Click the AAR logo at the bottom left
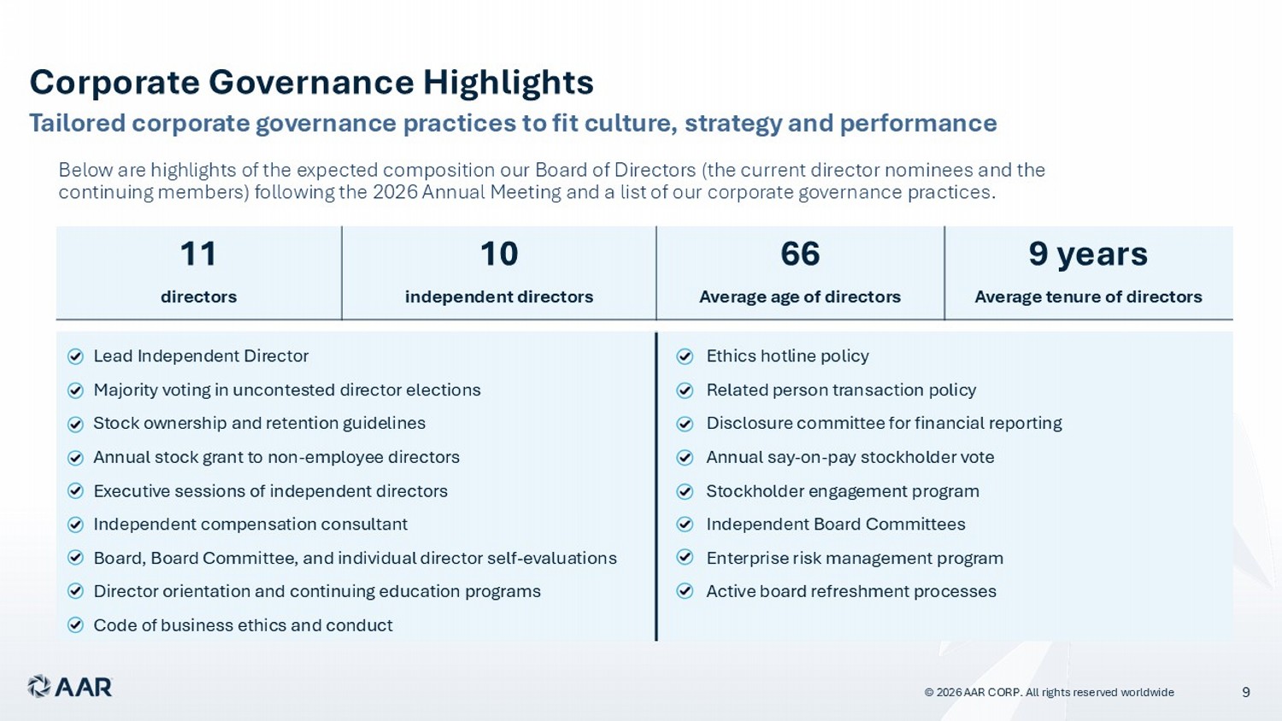click(x=70, y=687)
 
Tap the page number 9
click(x=1246, y=693)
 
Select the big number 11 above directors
click(x=198, y=254)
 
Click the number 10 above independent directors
click(x=499, y=254)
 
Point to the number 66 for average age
click(x=800, y=254)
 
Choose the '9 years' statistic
click(x=1088, y=255)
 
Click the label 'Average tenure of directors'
click(x=1088, y=297)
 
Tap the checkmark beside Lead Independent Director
click(x=75, y=357)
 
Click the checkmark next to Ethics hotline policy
click(x=685, y=357)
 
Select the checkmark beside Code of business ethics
click(x=75, y=625)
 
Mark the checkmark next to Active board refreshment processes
click(x=685, y=591)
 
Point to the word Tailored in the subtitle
click(x=77, y=123)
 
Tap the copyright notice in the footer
click(x=1049, y=693)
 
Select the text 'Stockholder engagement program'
click(x=843, y=491)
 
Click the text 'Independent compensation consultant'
click(x=250, y=525)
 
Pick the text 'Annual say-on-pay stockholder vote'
click(x=850, y=457)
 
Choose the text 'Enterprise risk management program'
click(x=855, y=558)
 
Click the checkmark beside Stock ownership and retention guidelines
click(x=75, y=424)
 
